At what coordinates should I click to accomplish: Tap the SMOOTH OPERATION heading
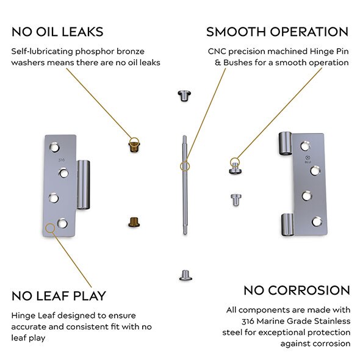[x=277, y=32]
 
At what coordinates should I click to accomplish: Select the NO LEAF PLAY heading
[x=59, y=296]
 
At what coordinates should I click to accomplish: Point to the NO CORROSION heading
[x=297, y=290]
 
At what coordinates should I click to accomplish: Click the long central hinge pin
[x=184, y=183]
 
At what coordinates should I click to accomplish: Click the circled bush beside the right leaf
[x=234, y=165]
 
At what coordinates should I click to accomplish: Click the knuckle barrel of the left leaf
[x=83, y=184]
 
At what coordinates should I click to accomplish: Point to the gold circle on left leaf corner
[x=50, y=228]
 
